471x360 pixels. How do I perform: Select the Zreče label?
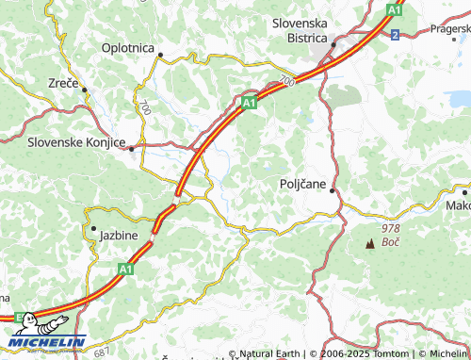point(64,83)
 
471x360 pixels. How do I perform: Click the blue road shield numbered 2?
point(395,35)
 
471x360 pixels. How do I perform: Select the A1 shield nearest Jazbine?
point(124,269)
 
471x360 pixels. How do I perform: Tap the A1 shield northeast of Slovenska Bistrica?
point(395,9)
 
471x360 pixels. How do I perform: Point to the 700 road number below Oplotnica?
point(145,109)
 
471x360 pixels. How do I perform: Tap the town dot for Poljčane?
point(333,189)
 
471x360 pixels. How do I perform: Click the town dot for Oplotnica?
point(160,55)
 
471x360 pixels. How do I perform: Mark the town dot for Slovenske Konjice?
point(132,147)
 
